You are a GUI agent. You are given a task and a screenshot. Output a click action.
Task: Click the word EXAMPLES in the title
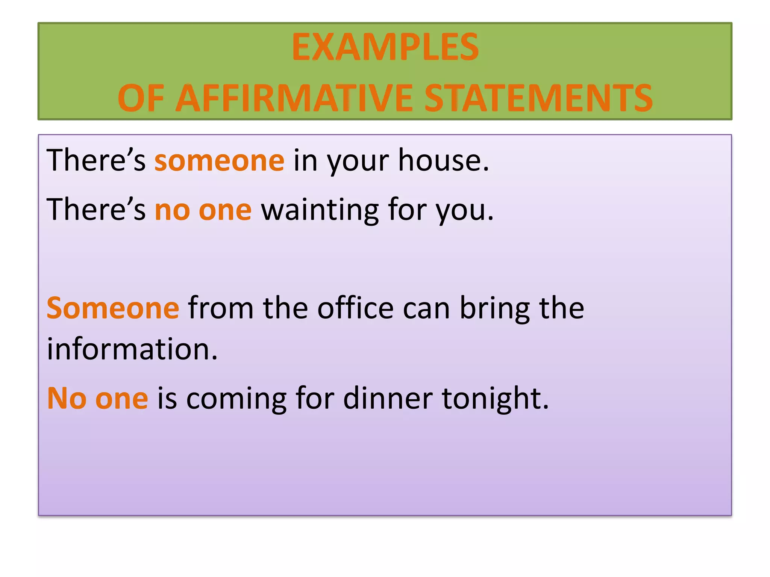coord(385,47)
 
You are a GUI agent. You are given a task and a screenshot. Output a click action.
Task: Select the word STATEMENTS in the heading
coord(538,98)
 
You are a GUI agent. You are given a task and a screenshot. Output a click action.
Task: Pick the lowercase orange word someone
coord(219,161)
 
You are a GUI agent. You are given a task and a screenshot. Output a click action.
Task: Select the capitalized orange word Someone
coord(113,308)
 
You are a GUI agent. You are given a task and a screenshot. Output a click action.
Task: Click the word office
coord(355,308)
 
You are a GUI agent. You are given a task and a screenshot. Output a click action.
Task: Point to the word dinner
coord(388,398)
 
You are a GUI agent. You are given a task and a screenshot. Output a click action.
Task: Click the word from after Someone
coord(221,308)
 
